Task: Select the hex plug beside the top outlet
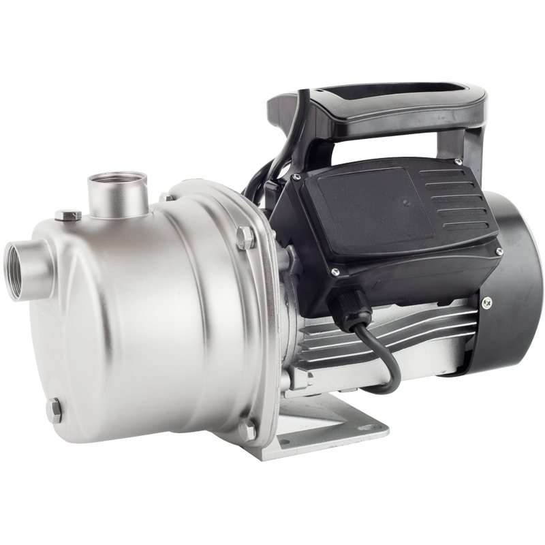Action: [69, 216]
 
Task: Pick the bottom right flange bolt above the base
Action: [247, 429]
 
